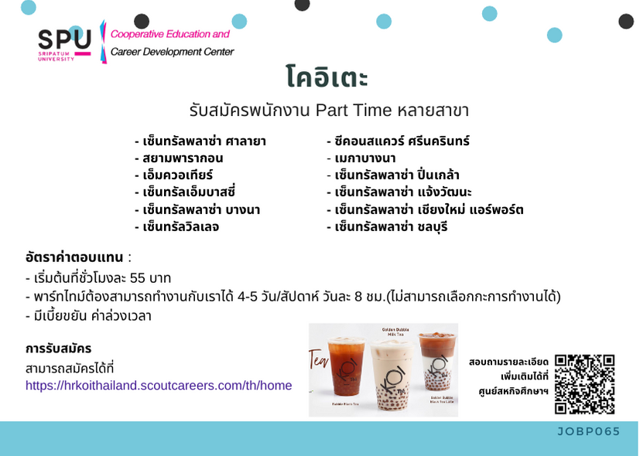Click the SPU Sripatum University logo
(x=64, y=46)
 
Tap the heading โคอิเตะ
(x=327, y=76)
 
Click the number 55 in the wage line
(x=138, y=278)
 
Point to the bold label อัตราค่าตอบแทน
(x=74, y=257)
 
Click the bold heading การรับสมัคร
(x=58, y=349)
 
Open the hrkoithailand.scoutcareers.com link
(x=159, y=385)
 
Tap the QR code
(x=584, y=384)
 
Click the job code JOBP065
(x=589, y=431)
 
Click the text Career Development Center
(x=173, y=52)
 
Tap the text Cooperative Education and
(x=170, y=34)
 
